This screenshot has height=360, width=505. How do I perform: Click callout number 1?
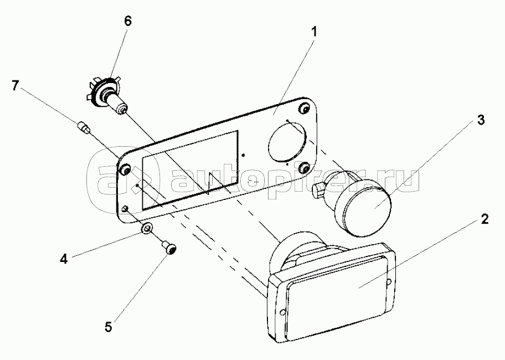point(314,32)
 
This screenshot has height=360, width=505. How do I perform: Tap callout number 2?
point(485,219)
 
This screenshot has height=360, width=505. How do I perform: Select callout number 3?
point(480,120)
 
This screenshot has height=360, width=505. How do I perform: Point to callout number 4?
point(64,259)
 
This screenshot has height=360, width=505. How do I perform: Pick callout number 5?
point(108,327)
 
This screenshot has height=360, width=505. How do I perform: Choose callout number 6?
point(127,21)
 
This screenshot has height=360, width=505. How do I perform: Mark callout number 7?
point(15,85)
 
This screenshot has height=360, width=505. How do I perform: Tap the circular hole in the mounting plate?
point(286,140)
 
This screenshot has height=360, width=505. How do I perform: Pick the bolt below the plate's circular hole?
point(303,167)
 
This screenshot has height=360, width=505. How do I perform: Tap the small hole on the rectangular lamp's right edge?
point(389,282)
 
